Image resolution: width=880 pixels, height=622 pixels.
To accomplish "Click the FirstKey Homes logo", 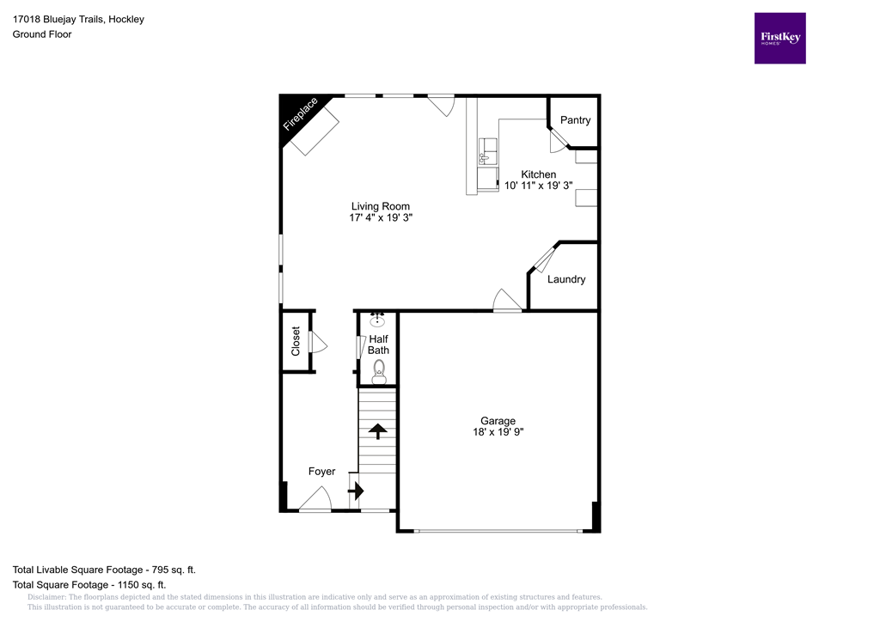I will (779, 38).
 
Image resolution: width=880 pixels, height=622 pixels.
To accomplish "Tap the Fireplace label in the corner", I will (301, 114).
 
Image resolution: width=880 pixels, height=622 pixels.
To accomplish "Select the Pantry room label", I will (575, 120).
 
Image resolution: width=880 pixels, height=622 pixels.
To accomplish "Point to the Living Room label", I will (380, 206).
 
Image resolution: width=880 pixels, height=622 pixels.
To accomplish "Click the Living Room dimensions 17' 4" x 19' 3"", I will (380, 218).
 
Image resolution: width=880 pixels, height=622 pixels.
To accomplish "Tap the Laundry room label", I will (566, 279).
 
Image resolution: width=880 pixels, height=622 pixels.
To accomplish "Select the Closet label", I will (296, 341).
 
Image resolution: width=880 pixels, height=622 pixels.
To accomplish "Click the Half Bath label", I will (378, 345).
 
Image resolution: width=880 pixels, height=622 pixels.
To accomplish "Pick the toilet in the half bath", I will (379, 372).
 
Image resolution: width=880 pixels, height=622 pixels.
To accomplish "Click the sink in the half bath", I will (378, 320).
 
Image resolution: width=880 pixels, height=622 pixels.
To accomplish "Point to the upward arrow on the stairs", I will (377, 430).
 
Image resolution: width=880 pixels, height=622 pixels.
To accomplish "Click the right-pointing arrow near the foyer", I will (357, 491).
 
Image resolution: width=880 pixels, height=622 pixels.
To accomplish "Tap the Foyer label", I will (322, 472).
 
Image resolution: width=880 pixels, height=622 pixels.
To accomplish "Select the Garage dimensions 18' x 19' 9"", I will (498, 433).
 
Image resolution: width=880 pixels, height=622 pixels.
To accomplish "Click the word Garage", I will (498, 421).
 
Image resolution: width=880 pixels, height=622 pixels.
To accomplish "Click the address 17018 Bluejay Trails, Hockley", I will (78, 19).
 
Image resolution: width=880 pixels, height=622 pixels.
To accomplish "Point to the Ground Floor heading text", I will (41, 34).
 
